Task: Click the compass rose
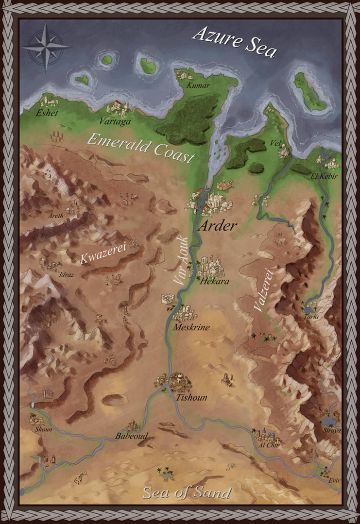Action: (46, 47)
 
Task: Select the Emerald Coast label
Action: (140, 148)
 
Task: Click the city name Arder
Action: (218, 226)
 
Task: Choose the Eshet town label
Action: (47, 113)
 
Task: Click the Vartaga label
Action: (115, 121)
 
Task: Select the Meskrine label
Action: (191, 327)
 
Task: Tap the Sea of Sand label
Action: (186, 493)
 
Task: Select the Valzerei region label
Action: (262, 290)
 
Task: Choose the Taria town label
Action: (311, 317)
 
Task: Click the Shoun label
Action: (43, 430)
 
